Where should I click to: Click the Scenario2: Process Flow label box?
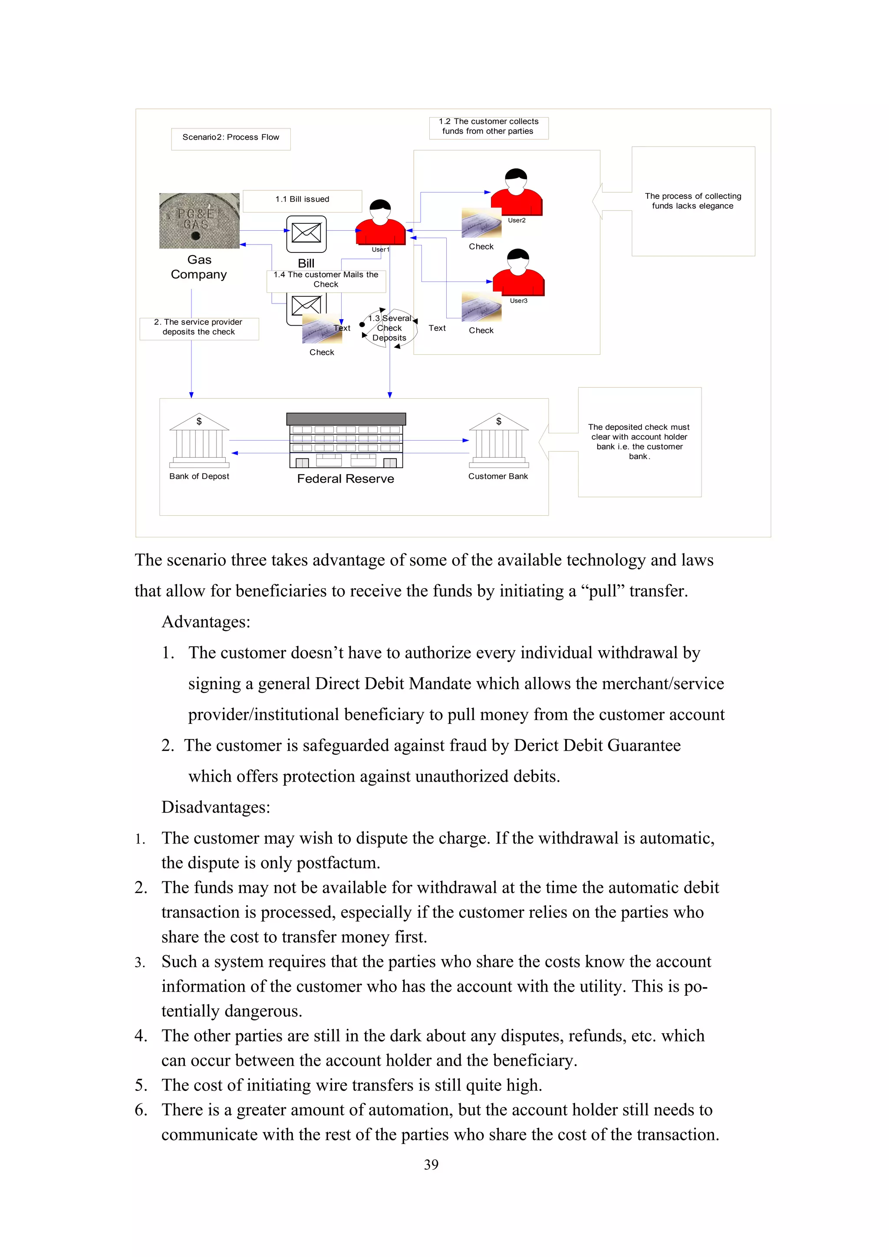tap(230, 138)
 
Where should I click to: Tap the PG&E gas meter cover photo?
tap(199, 221)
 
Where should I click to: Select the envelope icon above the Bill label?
tap(306, 233)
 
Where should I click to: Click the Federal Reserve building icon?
tap(346, 440)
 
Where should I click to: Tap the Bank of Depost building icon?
tap(199, 440)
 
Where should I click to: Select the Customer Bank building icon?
tap(498, 440)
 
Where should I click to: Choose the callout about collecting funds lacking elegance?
tap(692, 201)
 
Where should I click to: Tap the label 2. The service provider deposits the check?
tap(198, 327)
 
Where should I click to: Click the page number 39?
tap(431, 1165)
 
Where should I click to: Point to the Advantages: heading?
tap(205, 622)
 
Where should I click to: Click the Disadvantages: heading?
tap(215, 808)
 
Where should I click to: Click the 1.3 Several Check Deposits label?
tap(389, 328)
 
